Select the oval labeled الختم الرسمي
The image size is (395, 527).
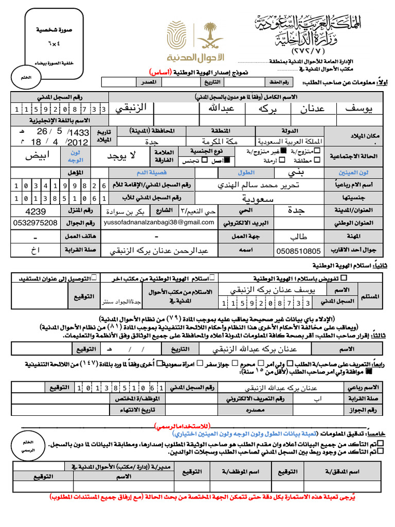[x=26, y=446]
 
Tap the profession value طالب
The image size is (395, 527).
[x=298, y=237]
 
